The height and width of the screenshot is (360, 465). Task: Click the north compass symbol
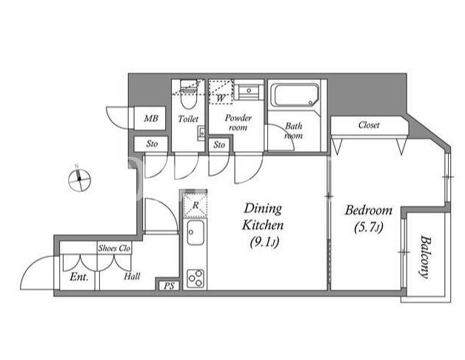[79, 179]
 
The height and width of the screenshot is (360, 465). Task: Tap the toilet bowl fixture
[188, 94]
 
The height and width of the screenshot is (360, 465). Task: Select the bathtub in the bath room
[296, 95]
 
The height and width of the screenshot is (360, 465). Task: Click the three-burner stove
[195, 278]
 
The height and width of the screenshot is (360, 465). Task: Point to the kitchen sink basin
[195, 233]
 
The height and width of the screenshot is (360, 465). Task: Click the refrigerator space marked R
[195, 204]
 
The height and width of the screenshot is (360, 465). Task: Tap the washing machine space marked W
[221, 92]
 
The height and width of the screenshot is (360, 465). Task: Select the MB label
[151, 119]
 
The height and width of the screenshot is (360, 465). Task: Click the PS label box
[169, 286]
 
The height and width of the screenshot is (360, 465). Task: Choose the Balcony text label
[425, 257]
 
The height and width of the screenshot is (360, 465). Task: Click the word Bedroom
[368, 210]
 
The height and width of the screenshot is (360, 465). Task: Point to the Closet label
[369, 125]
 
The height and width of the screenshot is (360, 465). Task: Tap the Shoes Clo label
[114, 248]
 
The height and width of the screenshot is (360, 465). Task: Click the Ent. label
[79, 277]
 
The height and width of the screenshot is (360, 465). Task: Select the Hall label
[132, 276]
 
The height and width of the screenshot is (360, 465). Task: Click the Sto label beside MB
[152, 144]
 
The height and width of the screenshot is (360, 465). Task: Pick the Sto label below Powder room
[219, 145]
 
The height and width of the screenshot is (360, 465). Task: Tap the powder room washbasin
[249, 91]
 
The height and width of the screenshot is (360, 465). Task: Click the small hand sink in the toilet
[201, 133]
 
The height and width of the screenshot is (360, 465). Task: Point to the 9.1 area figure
[264, 242]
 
